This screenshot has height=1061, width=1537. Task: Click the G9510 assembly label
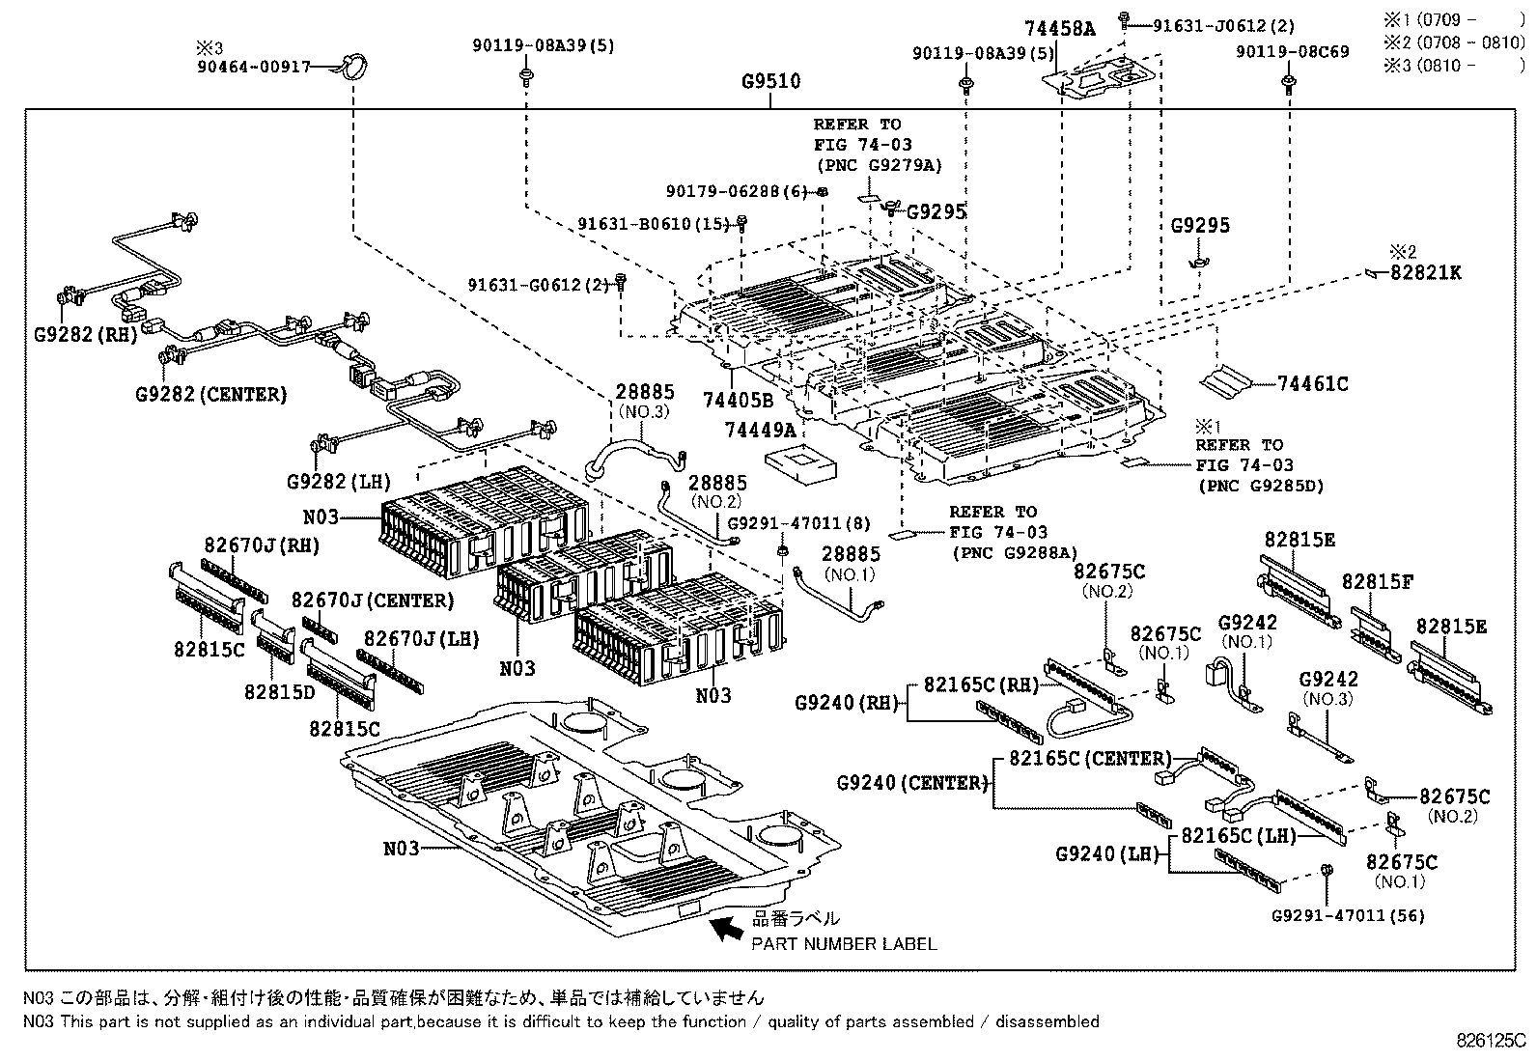(x=770, y=82)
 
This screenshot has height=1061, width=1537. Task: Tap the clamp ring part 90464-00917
(x=354, y=68)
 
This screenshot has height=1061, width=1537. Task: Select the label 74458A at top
(x=1060, y=29)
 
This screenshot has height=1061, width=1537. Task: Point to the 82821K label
(x=1425, y=273)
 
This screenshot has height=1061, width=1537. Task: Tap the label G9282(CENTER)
(x=211, y=394)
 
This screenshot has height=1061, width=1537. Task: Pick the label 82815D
(x=279, y=691)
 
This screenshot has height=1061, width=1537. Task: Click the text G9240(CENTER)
(x=912, y=783)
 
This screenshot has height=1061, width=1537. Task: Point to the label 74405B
(x=739, y=400)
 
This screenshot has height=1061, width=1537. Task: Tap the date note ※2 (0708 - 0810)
(x=1454, y=42)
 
